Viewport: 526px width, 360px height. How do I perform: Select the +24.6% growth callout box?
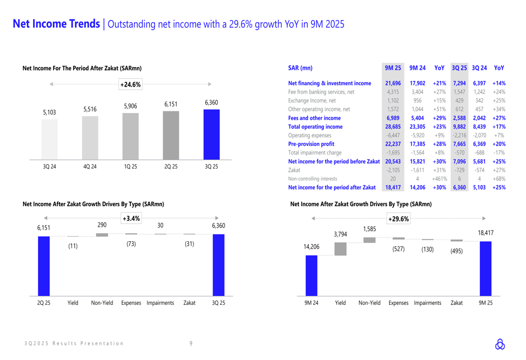coord(130,84)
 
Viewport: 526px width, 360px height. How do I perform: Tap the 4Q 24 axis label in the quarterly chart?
coord(90,167)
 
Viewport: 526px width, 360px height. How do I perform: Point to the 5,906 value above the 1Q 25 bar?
coord(130,106)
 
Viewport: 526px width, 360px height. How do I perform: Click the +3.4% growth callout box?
coord(130,218)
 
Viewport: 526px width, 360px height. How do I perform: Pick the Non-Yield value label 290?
coord(102,225)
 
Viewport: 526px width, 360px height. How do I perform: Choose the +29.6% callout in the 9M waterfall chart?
coord(398,219)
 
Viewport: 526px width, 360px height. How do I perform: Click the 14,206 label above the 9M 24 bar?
coord(311,247)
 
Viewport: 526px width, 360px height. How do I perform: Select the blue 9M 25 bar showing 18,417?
coord(485,268)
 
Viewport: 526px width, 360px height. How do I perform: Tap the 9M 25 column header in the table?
coord(392,68)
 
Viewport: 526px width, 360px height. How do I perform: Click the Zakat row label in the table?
coord(294,170)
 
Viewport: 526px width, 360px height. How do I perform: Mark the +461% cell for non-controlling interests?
coord(439,179)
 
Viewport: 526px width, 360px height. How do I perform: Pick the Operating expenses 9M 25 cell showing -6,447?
coord(392,135)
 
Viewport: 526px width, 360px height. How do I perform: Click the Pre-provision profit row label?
coord(313,144)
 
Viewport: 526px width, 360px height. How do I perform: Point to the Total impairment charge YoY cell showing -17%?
coord(499,152)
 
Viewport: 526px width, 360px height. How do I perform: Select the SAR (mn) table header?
coord(300,68)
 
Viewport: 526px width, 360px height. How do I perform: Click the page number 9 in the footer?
coord(191,343)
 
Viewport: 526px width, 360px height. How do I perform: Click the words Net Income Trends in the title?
coord(56,24)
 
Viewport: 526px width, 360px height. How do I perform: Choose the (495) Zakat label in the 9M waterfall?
coord(456,251)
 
